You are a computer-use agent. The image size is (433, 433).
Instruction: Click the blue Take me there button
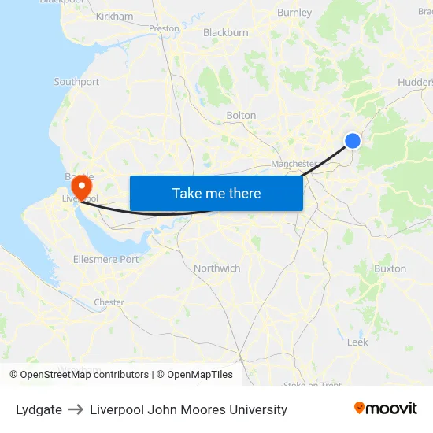coord(216,193)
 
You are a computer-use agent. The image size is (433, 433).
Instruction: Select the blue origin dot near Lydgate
coord(353,141)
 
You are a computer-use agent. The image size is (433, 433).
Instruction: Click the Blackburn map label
coord(226,32)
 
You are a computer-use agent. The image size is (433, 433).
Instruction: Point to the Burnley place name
coord(294,13)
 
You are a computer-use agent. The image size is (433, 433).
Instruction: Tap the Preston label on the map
coord(165,28)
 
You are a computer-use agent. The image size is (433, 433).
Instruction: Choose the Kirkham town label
coord(114,16)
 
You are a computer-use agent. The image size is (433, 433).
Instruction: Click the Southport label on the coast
coord(76,82)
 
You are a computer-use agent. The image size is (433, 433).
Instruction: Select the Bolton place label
coord(241,115)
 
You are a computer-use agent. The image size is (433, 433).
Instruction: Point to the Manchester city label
coord(294,164)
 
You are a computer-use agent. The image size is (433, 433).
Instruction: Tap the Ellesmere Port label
coord(105,259)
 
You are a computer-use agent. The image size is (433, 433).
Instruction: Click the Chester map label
coord(109,302)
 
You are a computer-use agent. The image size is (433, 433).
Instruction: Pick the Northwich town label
coord(217,268)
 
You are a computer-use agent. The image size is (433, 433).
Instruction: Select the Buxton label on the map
coord(390,268)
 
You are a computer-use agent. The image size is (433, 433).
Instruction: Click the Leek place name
coord(357,342)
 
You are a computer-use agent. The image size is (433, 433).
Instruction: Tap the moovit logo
coord(386,408)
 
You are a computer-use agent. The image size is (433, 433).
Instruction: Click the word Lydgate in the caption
coord(39,409)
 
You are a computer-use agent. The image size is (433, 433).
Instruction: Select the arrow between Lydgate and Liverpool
coord(76,409)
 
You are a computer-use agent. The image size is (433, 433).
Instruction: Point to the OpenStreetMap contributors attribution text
coord(84,375)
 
